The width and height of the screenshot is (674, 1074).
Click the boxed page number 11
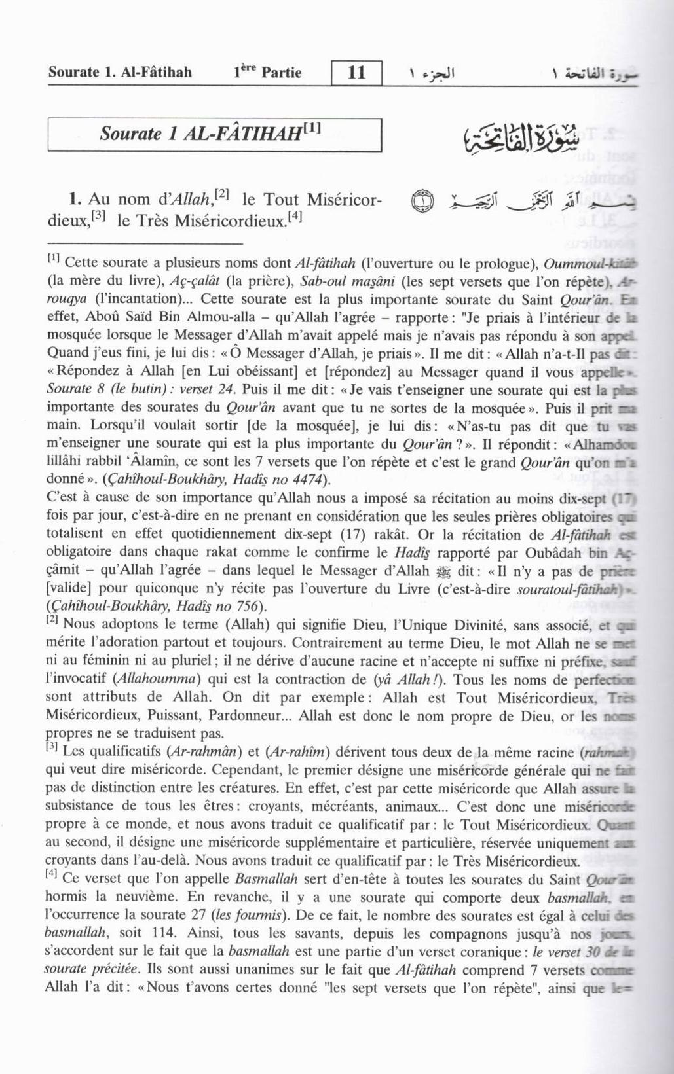[356, 71]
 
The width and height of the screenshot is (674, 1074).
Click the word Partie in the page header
[281, 72]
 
